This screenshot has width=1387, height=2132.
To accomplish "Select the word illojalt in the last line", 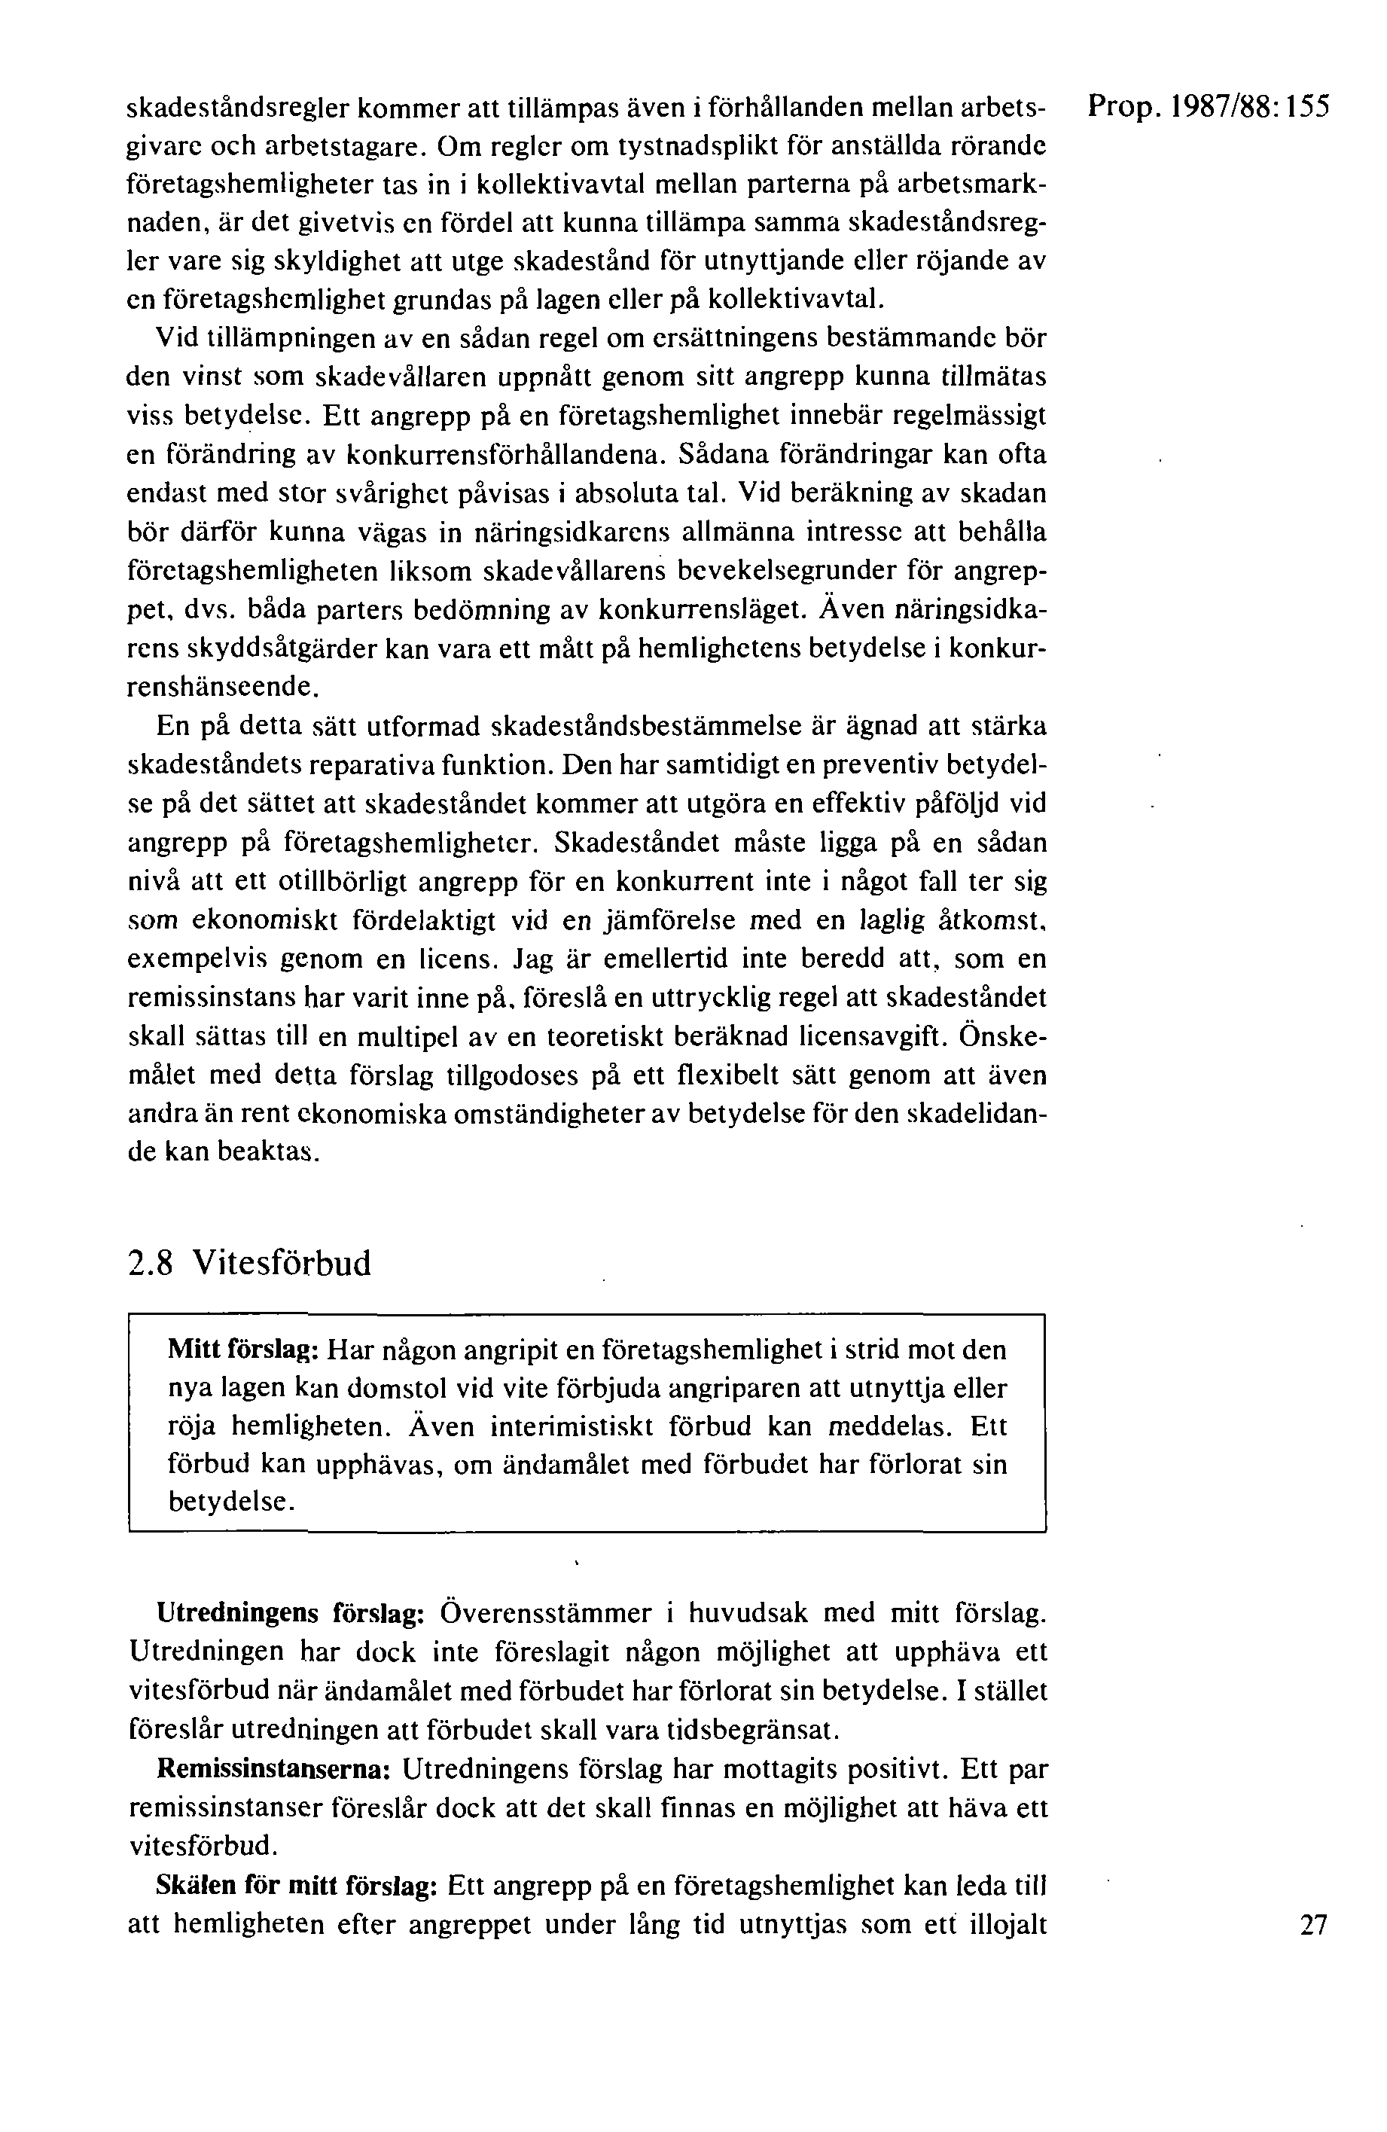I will [1008, 1924].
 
